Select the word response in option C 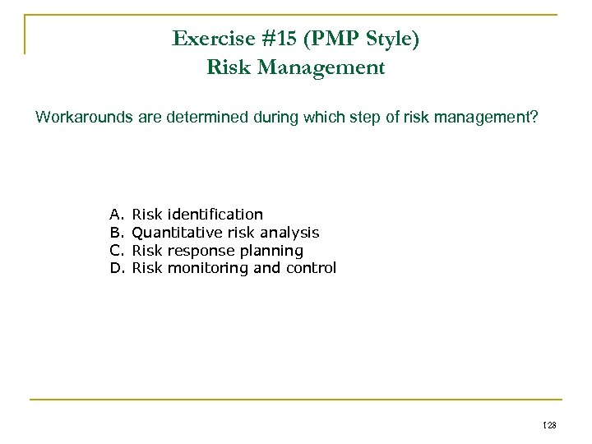(200, 251)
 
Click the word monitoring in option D (205, 268)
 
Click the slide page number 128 (549, 424)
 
